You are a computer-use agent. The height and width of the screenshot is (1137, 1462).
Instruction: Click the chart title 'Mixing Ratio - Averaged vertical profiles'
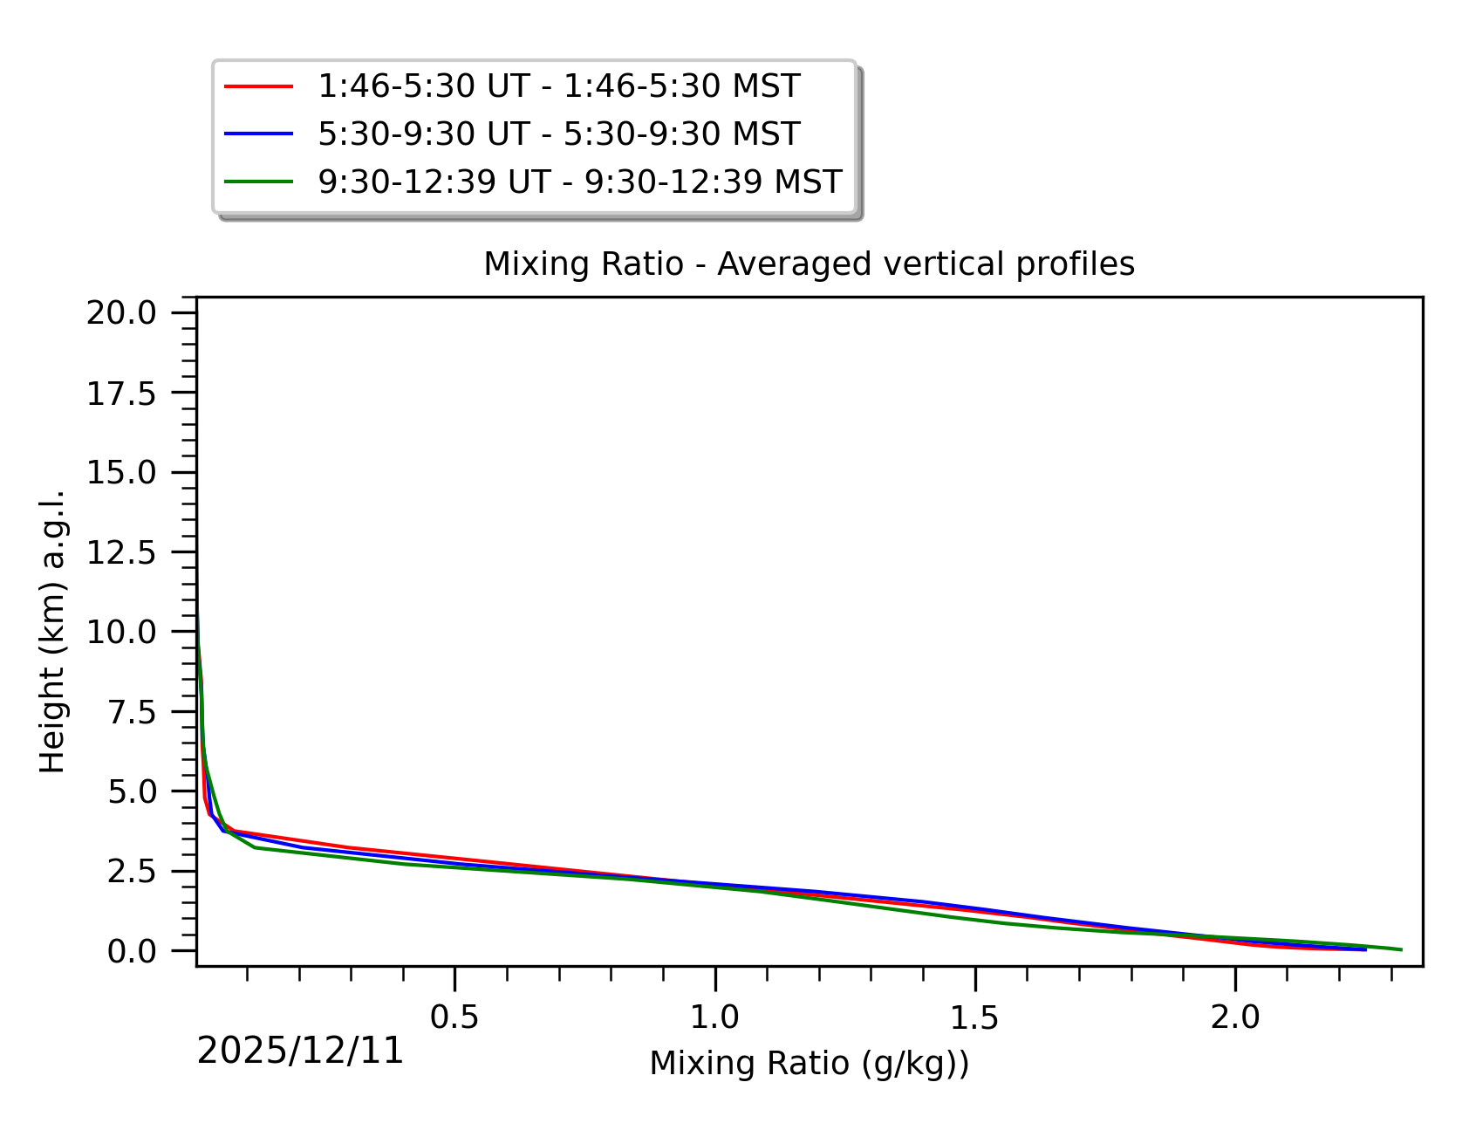[809, 264]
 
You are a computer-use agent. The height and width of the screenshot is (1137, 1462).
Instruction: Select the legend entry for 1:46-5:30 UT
[558, 86]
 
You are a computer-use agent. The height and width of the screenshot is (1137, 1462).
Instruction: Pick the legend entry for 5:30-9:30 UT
[558, 134]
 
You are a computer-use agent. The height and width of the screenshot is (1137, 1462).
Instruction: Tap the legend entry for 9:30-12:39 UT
[579, 182]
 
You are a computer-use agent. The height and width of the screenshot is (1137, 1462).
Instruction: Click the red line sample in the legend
[258, 86]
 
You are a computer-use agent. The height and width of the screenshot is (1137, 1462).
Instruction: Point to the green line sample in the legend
[258, 182]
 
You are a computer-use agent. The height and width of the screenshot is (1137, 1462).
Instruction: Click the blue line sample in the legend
[258, 134]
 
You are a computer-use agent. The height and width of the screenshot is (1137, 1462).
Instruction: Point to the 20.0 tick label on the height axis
[120, 312]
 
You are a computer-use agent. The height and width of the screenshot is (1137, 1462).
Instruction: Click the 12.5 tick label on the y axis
[120, 552]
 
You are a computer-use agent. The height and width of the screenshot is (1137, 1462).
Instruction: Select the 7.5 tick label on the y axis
[131, 712]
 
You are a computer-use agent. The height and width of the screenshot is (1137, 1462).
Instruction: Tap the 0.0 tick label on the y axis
[131, 951]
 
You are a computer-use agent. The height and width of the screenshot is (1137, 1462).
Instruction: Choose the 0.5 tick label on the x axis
[454, 1017]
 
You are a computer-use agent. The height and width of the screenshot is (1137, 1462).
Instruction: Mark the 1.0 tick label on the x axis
[714, 1017]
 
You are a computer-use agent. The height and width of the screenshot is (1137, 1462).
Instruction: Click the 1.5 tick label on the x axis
[974, 1017]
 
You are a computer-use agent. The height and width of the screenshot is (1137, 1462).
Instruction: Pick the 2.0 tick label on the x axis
[1235, 1017]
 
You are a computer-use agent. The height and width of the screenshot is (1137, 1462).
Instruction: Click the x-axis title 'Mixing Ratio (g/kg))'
[809, 1064]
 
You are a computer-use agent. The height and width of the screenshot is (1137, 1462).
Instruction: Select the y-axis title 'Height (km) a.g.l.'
[52, 631]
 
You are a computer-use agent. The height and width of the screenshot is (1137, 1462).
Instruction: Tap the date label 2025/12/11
[300, 1051]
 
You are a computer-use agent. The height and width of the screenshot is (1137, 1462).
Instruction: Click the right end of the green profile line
[1400, 949]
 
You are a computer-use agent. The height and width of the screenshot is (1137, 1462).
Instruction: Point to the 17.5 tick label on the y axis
[120, 394]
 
